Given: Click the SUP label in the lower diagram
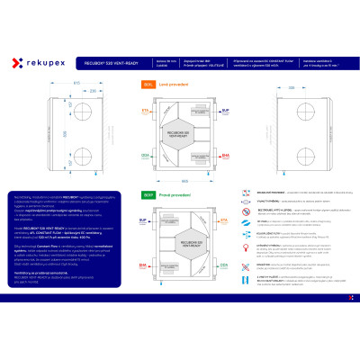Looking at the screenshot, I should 142,219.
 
